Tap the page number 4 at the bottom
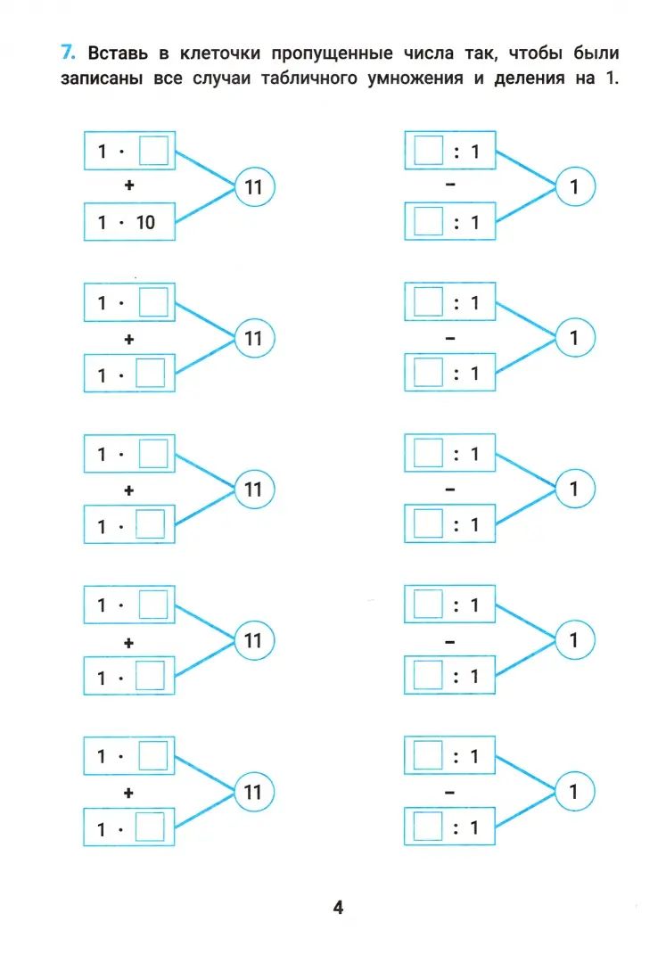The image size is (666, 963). (x=338, y=908)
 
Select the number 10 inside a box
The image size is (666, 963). (x=145, y=222)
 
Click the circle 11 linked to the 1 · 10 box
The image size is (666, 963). (x=253, y=187)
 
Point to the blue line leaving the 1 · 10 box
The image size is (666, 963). (x=206, y=207)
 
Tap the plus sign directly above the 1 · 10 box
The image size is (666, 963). (x=128, y=187)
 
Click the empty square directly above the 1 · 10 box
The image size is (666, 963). (x=153, y=150)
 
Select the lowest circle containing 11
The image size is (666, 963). (x=253, y=791)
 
